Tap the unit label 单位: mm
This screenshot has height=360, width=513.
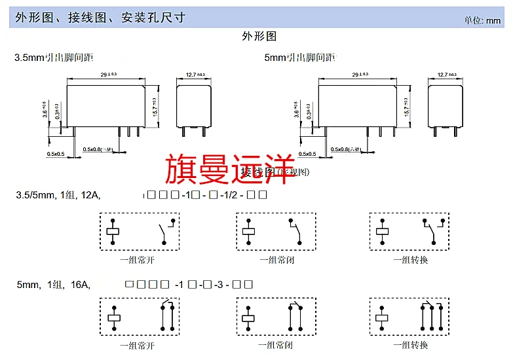[482, 20]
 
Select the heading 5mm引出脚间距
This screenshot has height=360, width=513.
[299, 58]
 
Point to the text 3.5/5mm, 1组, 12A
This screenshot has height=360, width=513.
[58, 195]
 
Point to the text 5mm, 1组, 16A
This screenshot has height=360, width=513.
[53, 285]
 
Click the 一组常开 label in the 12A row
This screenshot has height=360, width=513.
[138, 260]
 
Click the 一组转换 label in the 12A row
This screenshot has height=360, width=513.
[410, 260]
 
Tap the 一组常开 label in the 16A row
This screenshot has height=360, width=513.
[138, 344]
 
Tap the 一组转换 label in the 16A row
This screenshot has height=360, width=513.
[410, 344]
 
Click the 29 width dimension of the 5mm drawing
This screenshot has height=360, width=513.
[358, 75]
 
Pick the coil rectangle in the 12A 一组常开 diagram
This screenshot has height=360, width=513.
[113, 230]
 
